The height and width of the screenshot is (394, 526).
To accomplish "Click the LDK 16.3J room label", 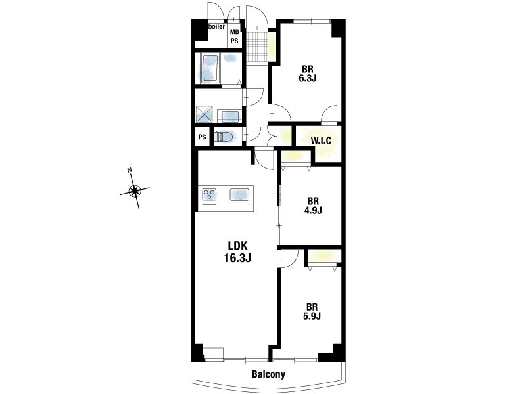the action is pyautogui.click(x=237, y=252).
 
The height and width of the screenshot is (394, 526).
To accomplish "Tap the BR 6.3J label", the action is pyautogui.click(x=308, y=74).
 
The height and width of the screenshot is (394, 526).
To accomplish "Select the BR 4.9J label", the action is pyautogui.click(x=313, y=206).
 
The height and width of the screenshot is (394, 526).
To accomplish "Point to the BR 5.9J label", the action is pyautogui.click(x=312, y=311).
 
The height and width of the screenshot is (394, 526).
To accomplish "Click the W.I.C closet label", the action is pyautogui.click(x=321, y=141).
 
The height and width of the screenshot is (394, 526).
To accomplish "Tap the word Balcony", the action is pyautogui.click(x=268, y=374).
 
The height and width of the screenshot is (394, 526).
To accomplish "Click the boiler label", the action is pyautogui.click(x=217, y=26).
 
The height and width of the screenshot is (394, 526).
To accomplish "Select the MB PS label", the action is pyautogui.click(x=234, y=37).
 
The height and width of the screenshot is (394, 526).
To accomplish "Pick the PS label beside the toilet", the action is pyautogui.click(x=202, y=137).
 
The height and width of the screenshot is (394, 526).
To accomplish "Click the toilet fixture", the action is pyautogui.click(x=226, y=137).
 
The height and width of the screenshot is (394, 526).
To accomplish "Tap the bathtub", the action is pyautogui.click(x=210, y=68).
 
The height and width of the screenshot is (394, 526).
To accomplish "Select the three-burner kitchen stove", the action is pyautogui.click(x=209, y=194).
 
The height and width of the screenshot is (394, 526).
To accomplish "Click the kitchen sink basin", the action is pyautogui.click(x=239, y=194).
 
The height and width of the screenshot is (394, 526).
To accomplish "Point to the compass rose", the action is pyautogui.click(x=135, y=191).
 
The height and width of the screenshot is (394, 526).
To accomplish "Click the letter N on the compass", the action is pyautogui.click(x=130, y=170).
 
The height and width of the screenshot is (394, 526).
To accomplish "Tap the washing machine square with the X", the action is pyautogui.click(x=204, y=114).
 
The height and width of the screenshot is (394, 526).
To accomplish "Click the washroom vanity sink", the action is pyautogui.click(x=229, y=116).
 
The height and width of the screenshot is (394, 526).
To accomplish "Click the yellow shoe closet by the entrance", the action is pyautogui.click(x=272, y=46).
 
